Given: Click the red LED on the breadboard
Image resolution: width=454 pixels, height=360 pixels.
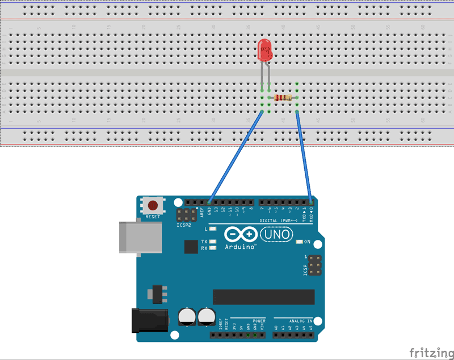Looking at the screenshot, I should point(264,51).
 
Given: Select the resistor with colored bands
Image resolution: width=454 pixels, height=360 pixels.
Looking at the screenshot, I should point(283,98).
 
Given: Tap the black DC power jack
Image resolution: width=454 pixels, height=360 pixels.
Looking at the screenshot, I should point(149,320).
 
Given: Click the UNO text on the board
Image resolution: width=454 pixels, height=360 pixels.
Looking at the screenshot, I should point(276,234).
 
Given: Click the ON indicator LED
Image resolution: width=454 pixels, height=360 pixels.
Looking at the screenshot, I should point(299,242).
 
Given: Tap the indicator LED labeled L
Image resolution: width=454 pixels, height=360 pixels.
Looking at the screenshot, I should point(213,229).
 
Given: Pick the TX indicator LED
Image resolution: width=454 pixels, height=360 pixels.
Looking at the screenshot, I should point(213,242).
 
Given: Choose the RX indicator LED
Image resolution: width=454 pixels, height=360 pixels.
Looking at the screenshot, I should point(213,248).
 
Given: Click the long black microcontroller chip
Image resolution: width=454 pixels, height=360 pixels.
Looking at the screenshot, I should point(263,297).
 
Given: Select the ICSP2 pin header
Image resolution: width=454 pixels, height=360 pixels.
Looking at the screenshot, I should point(184,215).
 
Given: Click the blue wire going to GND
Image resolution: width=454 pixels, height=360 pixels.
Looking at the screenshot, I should point(236,156).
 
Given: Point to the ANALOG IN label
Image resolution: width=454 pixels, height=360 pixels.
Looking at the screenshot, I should point(301,321).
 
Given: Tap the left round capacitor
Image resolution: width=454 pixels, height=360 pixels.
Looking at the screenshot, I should point(187,316).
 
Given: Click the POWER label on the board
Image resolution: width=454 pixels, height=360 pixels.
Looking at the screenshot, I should point(259,321).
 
